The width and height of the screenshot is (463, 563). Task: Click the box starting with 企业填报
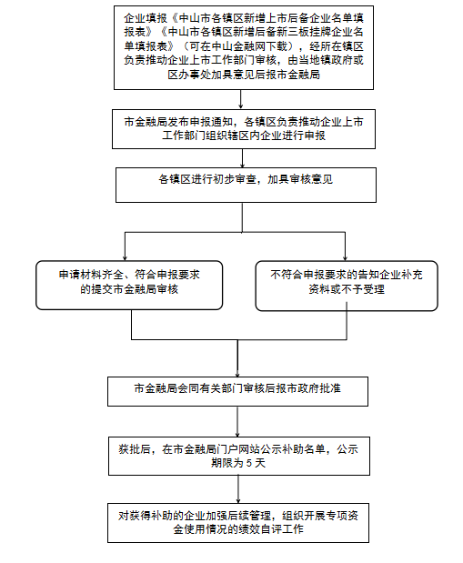(244, 47)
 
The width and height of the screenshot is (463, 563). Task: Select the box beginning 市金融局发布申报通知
(244, 129)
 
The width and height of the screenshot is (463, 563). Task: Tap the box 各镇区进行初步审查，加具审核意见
(246, 185)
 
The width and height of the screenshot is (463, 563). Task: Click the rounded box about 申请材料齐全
(129, 285)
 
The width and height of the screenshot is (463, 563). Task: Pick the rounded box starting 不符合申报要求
(347, 286)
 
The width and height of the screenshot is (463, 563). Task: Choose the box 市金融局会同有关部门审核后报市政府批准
(237, 391)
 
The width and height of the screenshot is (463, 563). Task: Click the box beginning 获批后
(239, 456)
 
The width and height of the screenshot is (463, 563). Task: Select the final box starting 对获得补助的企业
(238, 523)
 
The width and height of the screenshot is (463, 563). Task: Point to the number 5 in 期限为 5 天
(249, 463)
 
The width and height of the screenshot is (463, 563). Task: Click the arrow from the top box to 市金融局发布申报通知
(241, 99)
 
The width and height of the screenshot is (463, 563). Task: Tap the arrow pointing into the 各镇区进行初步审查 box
(243, 158)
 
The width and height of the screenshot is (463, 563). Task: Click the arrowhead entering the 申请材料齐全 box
(125, 258)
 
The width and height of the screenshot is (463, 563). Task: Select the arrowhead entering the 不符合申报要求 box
(345, 258)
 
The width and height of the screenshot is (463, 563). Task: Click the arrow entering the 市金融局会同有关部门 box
(237, 358)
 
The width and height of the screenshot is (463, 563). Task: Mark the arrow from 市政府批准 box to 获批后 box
(237, 421)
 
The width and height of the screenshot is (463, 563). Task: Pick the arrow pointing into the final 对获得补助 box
(238, 489)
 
